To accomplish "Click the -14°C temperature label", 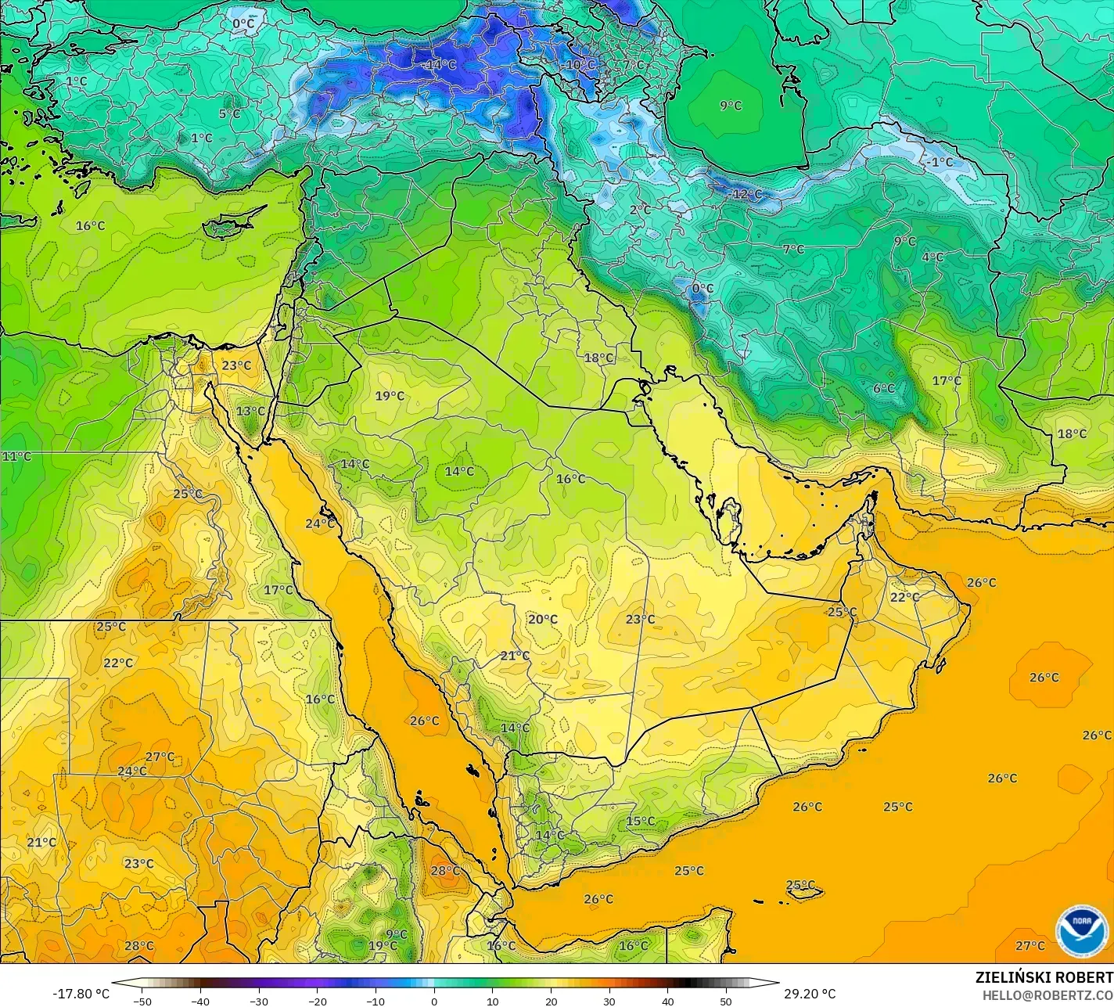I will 440,65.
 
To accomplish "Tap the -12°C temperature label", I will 745,194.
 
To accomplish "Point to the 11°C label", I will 16,456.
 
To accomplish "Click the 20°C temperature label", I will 542,619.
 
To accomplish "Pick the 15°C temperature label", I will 640,821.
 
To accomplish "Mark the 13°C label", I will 250,411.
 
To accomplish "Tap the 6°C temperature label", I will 883,389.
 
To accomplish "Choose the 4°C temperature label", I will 932,257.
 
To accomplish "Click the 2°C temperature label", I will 640,210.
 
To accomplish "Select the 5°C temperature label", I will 229,113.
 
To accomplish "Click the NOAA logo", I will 1081,931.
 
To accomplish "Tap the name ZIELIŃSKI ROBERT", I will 1044,977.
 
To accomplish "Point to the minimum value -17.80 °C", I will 81,994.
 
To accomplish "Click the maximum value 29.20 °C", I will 810,994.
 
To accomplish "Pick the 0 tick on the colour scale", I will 434,1001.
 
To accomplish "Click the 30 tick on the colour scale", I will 609,1001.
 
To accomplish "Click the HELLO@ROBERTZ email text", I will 1048,994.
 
